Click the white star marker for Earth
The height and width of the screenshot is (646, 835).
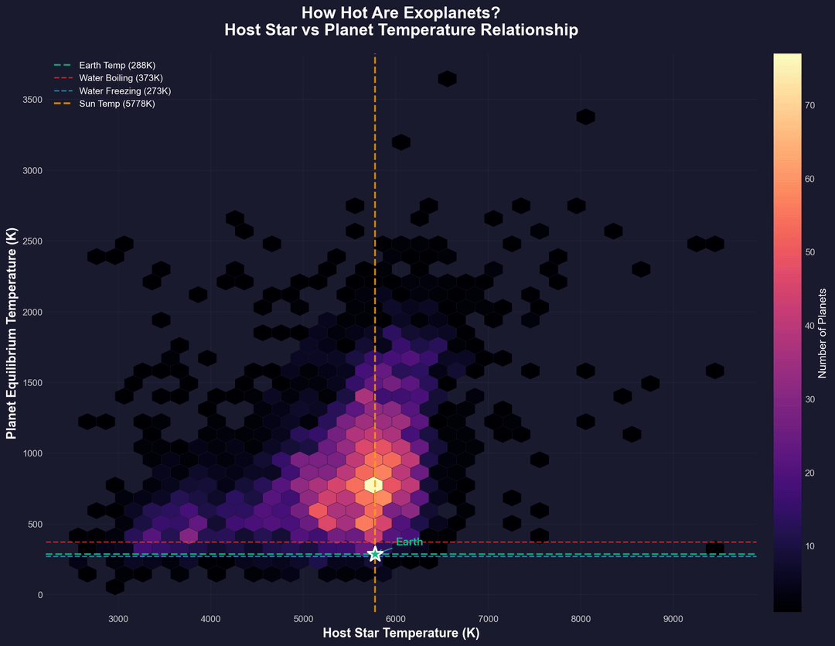point(375,554)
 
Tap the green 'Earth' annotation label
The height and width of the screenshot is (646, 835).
point(409,542)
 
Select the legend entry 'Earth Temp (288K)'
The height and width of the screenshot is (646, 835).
point(117,66)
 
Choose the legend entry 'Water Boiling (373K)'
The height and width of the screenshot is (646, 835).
point(121,78)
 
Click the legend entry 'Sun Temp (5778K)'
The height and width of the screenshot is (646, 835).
point(116,103)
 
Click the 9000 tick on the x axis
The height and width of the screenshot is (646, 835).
point(673,619)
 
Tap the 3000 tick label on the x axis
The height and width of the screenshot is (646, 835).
point(118,619)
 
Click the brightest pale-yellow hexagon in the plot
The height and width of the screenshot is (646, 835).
point(374,485)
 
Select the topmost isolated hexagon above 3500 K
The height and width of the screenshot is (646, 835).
point(447,78)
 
